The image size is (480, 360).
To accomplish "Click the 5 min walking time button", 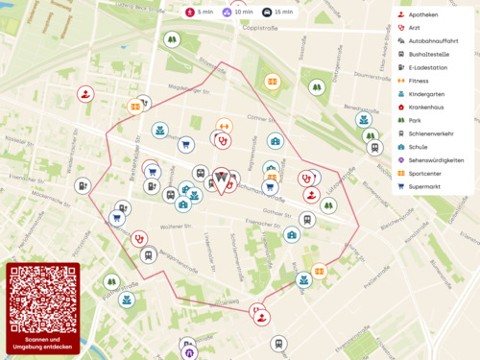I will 200,12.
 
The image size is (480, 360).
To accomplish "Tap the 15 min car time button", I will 278,12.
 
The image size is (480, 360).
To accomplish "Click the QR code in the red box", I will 41,299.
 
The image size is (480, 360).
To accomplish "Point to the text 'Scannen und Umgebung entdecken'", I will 41,343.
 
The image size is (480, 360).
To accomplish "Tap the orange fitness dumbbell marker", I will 224,125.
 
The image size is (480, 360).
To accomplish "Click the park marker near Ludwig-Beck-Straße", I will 171,40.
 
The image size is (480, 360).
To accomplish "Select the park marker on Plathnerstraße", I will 111,282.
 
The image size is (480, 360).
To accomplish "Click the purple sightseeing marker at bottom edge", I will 188,353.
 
